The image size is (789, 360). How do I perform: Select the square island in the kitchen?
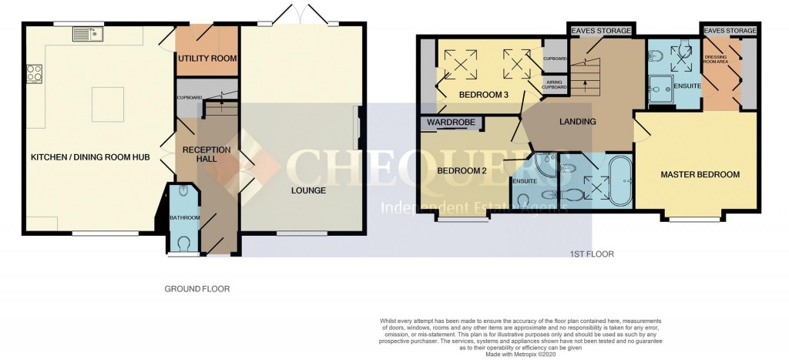click(104, 100)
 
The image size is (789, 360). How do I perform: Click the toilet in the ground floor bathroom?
click(183, 243)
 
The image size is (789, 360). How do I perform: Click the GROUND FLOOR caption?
click(196, 289)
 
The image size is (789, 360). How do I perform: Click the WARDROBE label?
click(451, 122)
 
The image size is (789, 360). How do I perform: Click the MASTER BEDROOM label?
click(700, 175)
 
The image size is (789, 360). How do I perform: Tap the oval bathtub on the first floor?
click(620, 182)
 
